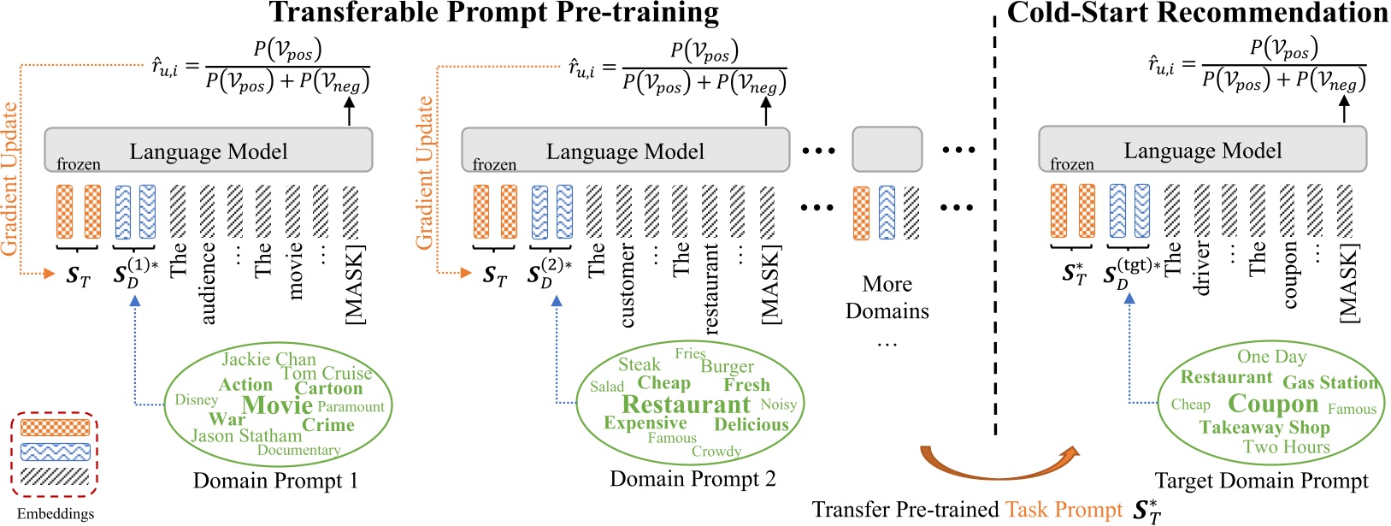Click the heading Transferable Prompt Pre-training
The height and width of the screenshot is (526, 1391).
tap(494, 13)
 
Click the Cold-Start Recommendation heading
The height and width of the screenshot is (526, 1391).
tap(1197, 13)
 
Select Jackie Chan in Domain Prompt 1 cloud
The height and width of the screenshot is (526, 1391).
tap(268, 359)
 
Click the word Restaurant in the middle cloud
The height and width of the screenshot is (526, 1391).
tap(686, 405)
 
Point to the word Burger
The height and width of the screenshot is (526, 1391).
tap(727, 366)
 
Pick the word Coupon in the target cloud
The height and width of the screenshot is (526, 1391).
tap(1273, 404)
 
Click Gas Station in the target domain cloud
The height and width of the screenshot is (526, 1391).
tap(1330, 382)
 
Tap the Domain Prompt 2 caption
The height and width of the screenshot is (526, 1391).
tap(693, 479)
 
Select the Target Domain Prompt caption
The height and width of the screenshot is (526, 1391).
tap(1261, 481)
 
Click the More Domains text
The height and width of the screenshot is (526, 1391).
tap(887, 297)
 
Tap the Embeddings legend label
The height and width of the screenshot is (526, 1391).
tap(56, 514)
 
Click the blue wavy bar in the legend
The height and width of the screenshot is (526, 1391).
tap(55, 452)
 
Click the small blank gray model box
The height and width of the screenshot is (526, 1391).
tap(887, 149)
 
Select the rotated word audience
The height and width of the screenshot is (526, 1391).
tap(208, 283)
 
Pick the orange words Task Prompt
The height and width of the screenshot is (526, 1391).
tap(1064, 510)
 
